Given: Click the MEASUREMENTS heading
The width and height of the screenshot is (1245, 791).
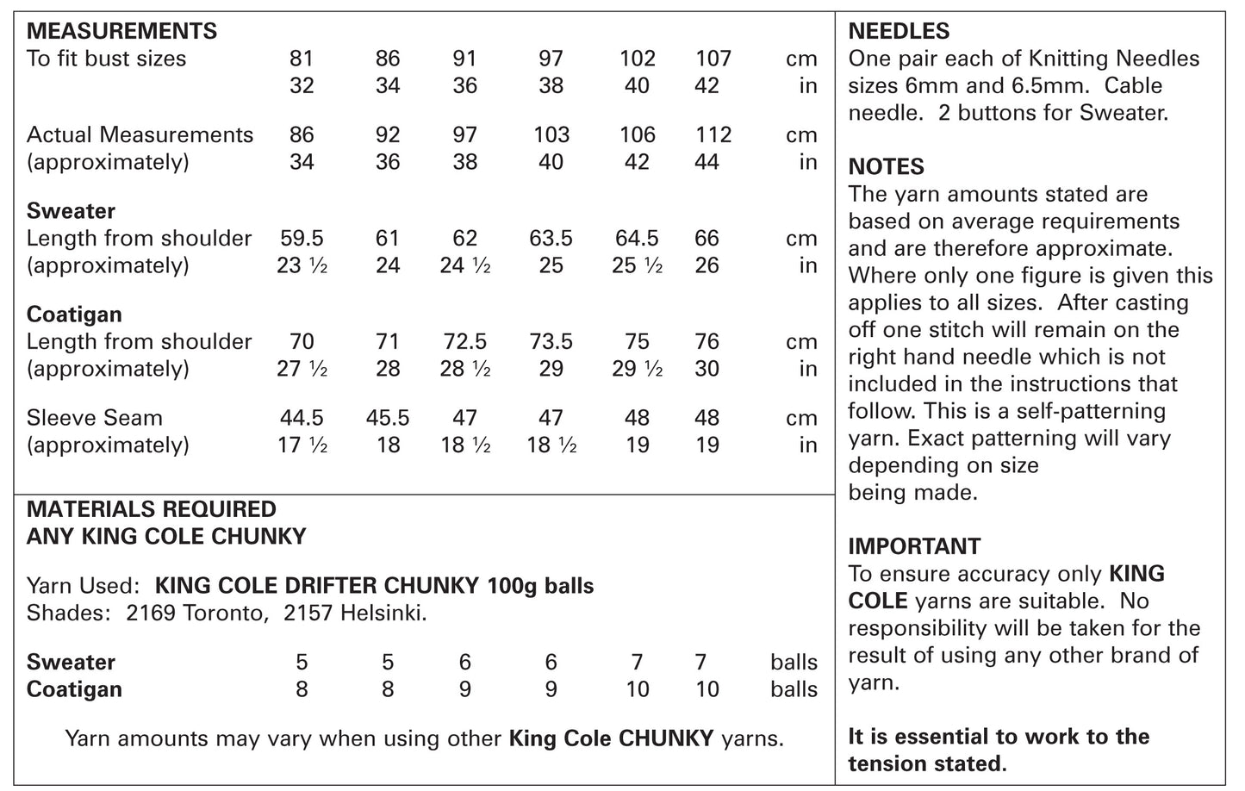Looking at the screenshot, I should pyautogui.click(x=121, y=32).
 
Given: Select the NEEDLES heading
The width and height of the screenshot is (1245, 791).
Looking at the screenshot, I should pyautogui.click(x=899, y=32).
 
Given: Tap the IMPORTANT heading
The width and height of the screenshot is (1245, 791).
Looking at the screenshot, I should pyautogui.click(x=914, y=546).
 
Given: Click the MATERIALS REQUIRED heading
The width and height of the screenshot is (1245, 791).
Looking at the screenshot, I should pyautogui.click(x=152, y=509).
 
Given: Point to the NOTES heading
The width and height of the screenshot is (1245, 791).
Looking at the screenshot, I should pyautogui.click(x=887, y=167).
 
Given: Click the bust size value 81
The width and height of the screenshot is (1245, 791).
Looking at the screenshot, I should pyautogui.click(x=302, y=59).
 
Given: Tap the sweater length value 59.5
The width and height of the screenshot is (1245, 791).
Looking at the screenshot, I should pyautogui.click(x=302, y=239).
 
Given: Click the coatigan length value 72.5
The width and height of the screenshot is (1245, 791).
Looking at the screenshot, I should pyautogui.click(x=464, y=342).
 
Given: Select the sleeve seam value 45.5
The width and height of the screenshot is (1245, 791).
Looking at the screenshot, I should pyautogui.click(x=388, y=418).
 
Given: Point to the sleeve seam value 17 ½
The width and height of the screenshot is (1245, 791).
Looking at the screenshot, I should pyautogui.click(x=302, y=445).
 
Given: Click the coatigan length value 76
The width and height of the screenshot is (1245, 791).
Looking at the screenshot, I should pyautogui.click(x=707, y=342).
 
